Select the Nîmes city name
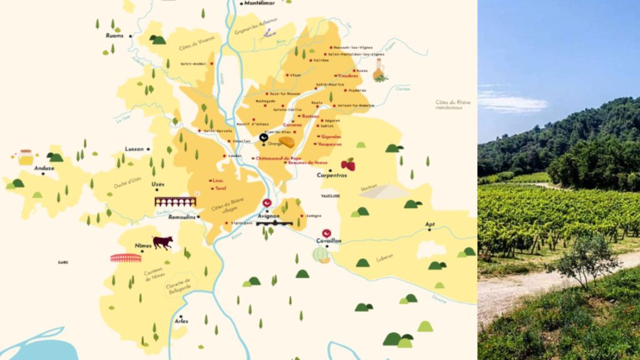pyautogui.click(x=144, y=246)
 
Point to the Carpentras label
pyautogui.click(x=331, y=176)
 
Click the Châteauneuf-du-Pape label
pyautogui.click(x=279, y=159)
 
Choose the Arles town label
pyautogui.click(x=181, y=321)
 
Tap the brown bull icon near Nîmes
pyautogui.click(x=162, y=242)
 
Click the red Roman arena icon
pyautogui.click(x=126, y=257)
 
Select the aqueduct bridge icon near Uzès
pyautogui.click(x=176, y=202)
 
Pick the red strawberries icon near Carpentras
pyautogui.click(x=348, y=164)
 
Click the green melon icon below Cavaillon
pyautogui.click(x=321, y=254)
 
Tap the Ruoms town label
pyautogui.click(x=115, y=36)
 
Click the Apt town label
pyautogui.click(x=430, y=223)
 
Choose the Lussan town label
pyautogui.click(x=134, y=149)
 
